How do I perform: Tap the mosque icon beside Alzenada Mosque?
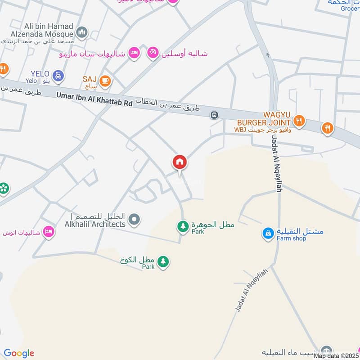coord(81,32)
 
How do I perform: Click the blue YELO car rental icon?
coord(58,76)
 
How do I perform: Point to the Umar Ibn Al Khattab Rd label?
coord(94,99)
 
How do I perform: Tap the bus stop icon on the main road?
coord(214,115)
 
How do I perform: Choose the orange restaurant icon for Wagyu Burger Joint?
coord(298,120)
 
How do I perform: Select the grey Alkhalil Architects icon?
coord(134,220)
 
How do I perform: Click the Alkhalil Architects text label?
coord(94,224)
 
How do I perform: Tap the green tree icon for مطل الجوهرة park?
coord(183,225)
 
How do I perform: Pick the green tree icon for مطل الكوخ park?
coord(163,261)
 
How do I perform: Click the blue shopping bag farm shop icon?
coord(268,233)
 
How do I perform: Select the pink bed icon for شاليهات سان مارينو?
coord(134,53)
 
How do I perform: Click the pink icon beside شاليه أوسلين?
coord(153,53)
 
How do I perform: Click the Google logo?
coord(19,353)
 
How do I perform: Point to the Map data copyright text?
coord(336,355)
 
